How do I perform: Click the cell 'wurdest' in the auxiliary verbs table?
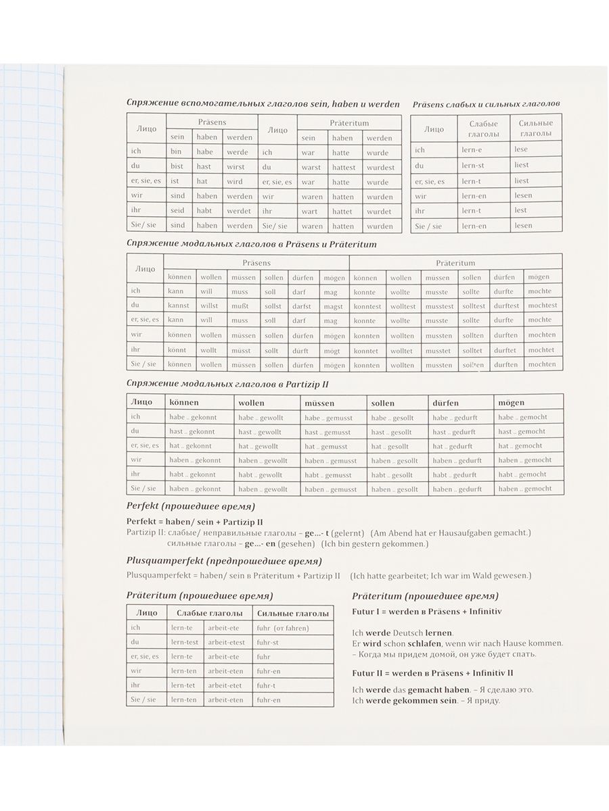point(380,168)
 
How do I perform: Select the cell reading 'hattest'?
point(344,168)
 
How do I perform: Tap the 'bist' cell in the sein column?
point(177,166)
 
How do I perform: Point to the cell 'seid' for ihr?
point(177,210)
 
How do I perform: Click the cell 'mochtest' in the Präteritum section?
point(543,305)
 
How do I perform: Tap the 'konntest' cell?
point(367,306)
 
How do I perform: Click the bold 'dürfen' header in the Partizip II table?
point(446,403)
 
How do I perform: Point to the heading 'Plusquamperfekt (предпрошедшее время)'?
point(224,561)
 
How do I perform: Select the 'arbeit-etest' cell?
point(227,642)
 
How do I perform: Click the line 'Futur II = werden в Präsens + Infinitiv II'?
point(433,673)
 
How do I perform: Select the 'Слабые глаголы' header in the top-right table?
point(483,129)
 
